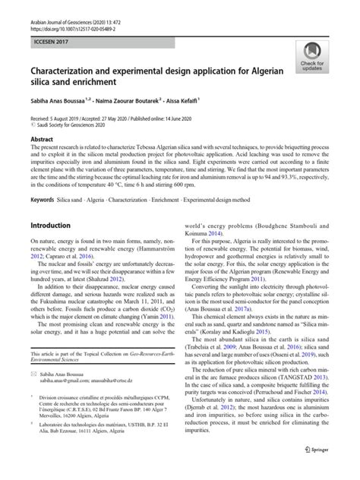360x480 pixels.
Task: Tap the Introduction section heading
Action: tap(55, 226)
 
